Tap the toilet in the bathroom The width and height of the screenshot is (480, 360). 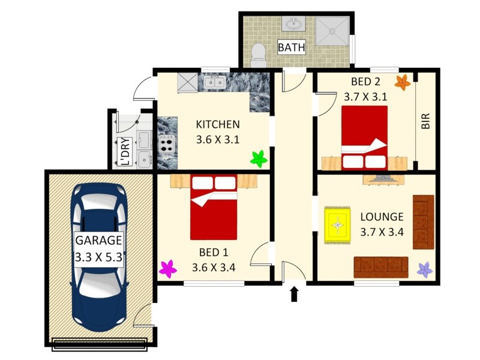[x=259, y=53]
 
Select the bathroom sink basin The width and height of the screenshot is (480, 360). [x=294, y=25]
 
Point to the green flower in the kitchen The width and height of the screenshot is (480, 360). [x=259, y=159]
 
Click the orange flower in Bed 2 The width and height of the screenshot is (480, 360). [x=403, y=81]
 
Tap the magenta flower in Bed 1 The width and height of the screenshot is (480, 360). [x=167, y=268]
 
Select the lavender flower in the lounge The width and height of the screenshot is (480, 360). [x=425, y=270]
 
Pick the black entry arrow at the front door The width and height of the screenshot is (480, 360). [x=294, y=293]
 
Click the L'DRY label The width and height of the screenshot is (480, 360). [x=125, y=151]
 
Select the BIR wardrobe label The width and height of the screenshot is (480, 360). [x=426, y=122]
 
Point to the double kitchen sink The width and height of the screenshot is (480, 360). [x=214, y=83]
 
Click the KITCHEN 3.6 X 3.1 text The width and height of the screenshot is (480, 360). [x=218, y=132]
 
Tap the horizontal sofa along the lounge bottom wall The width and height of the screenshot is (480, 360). [x=380, y=266]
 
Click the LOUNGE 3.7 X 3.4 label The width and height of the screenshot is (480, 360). [x=382, y=224]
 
